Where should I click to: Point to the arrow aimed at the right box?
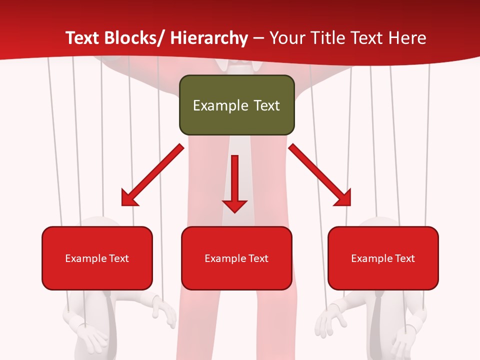(x=320, y=175)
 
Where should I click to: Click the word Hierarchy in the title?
(x=209, y=38)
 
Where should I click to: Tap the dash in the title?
(x=258, y=38)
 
